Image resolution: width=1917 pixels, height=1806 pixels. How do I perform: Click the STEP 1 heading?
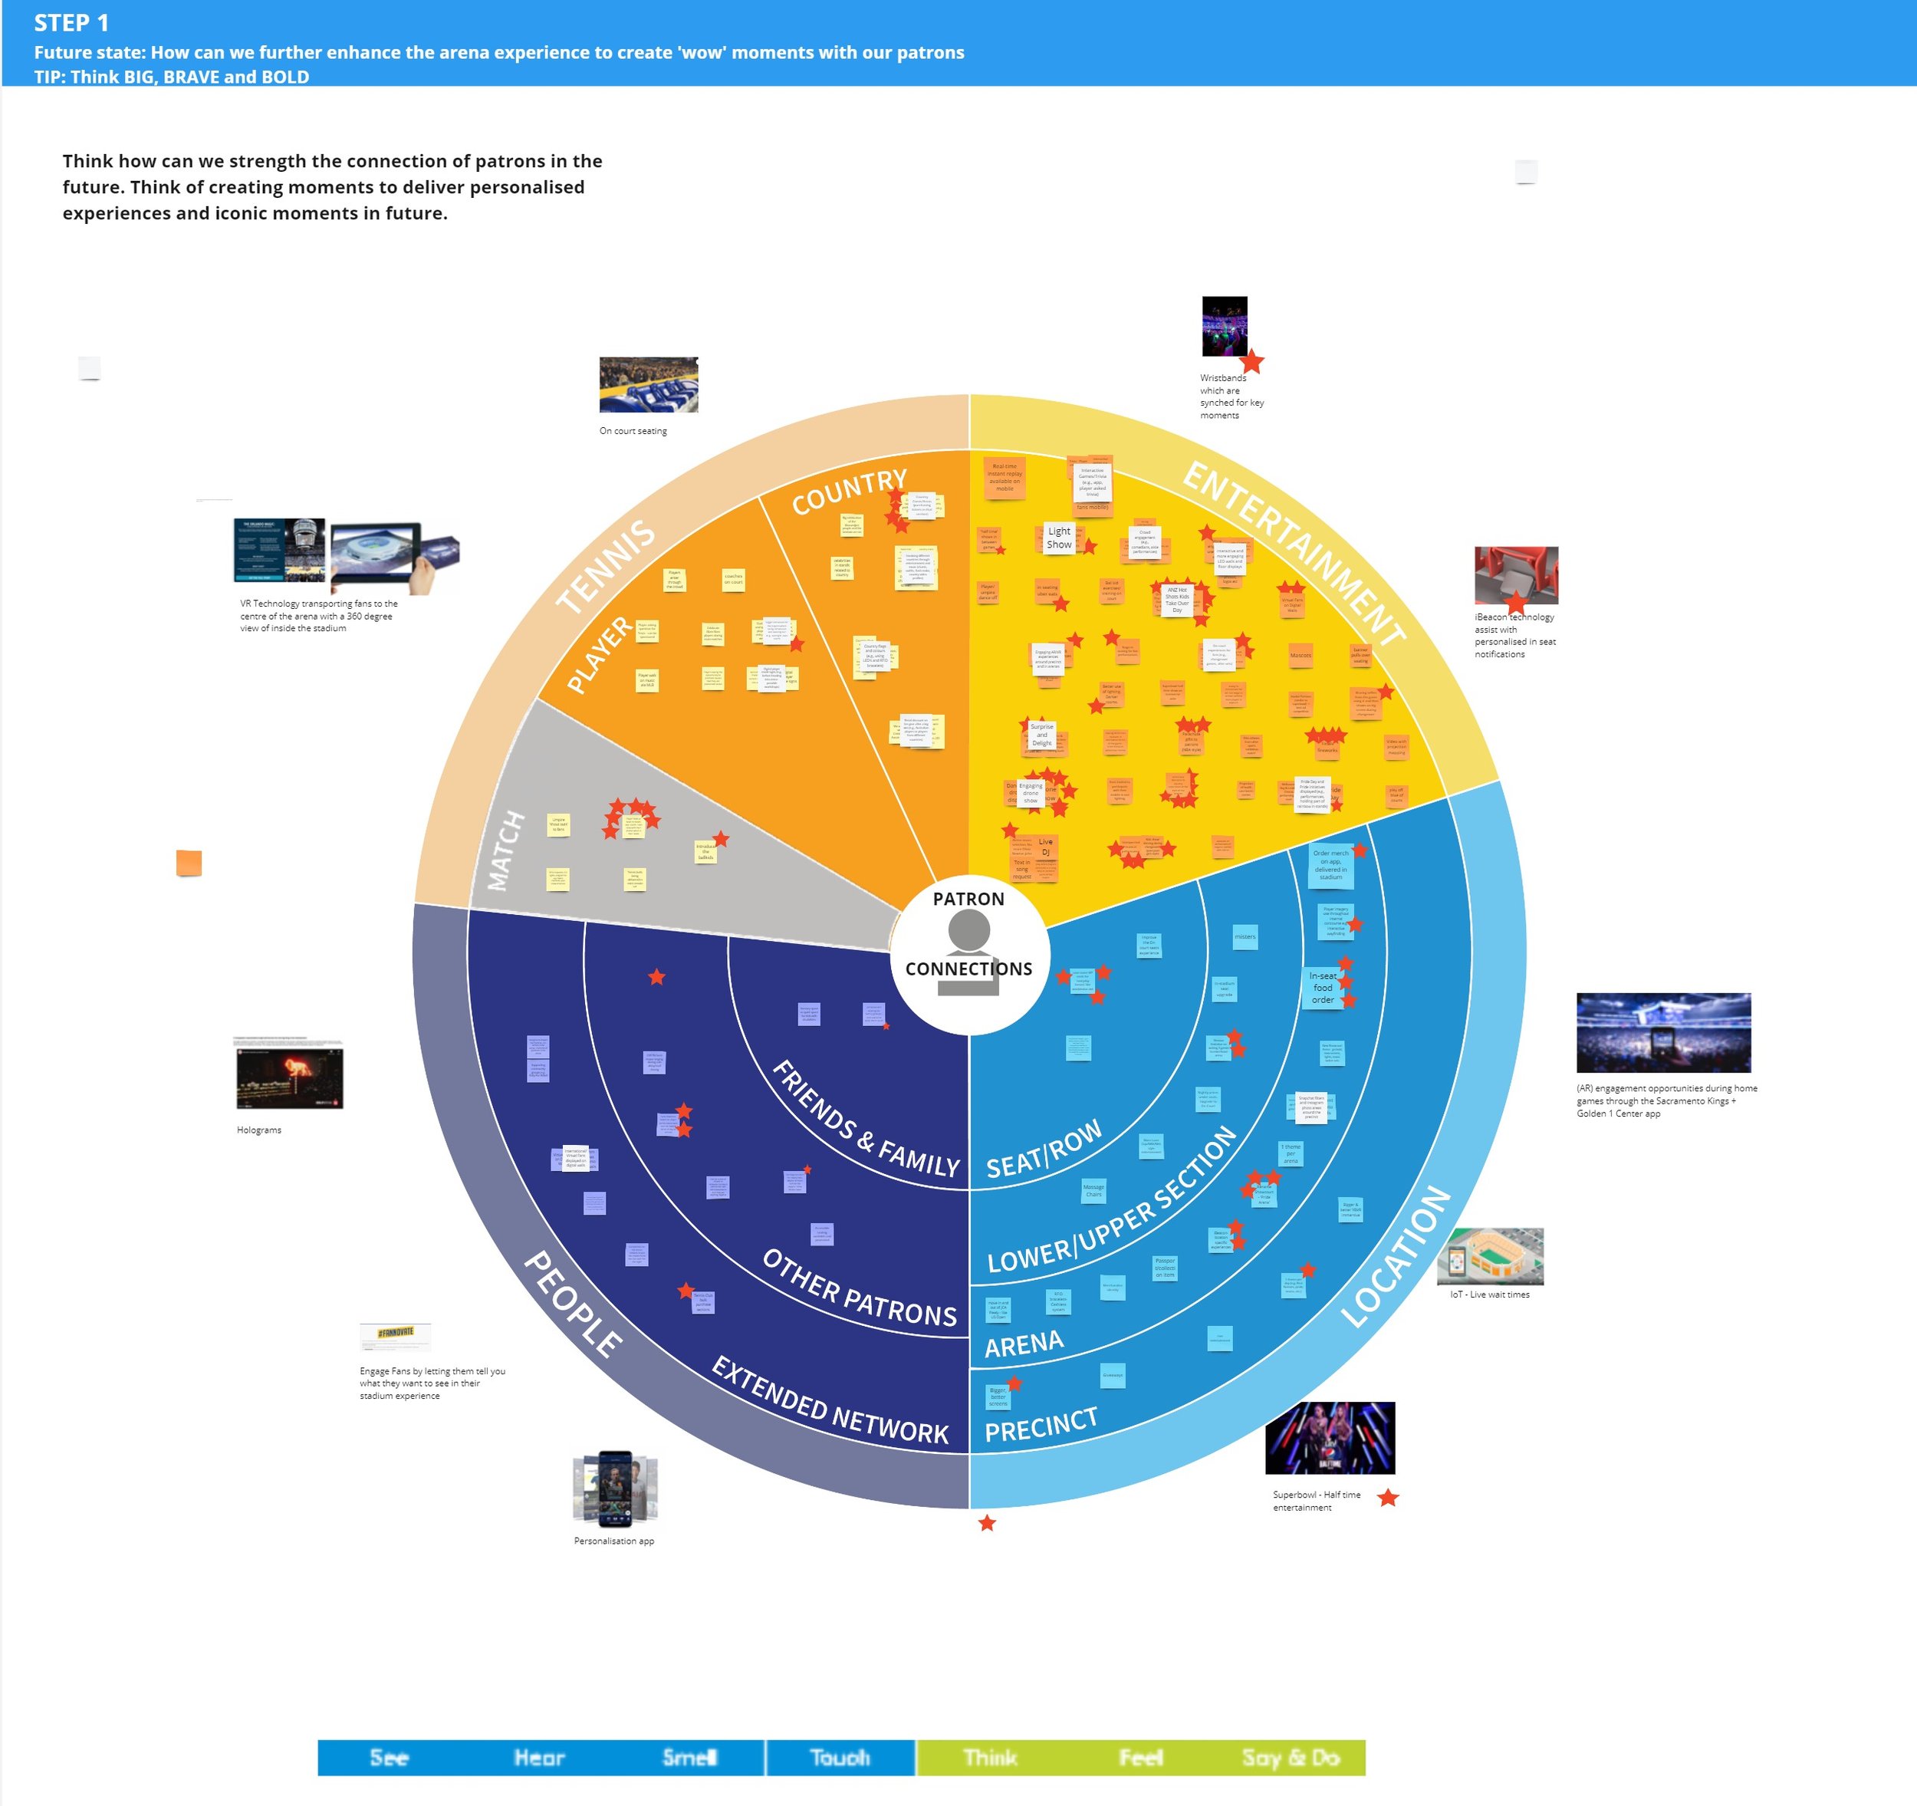[x=71, y=23]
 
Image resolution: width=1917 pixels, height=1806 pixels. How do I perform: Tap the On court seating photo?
[x=648, y=385]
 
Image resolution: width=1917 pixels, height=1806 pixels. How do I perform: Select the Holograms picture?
[x=289, y=1077]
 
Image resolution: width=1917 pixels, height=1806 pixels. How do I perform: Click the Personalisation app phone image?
[x=615, y=1489]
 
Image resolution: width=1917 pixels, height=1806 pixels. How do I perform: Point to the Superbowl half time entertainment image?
[x=1330, y=1438]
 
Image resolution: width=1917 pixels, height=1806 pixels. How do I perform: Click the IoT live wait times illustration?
[x=1490, y=1256]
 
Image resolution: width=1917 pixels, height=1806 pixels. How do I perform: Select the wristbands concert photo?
[x=1225, y=326]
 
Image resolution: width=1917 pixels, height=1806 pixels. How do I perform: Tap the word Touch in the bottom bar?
[x=840, y=1758]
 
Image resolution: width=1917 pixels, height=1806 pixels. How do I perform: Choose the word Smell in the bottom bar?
[x=689, y=1758]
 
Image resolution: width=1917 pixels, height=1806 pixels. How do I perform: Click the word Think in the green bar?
[x=990, y=1758]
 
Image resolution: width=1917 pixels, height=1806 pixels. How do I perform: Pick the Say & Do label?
[x=1291, y=1758]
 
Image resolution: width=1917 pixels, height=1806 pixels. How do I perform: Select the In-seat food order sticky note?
[x=1323, y=988]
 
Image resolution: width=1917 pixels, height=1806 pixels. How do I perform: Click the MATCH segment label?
[x=506, y=850]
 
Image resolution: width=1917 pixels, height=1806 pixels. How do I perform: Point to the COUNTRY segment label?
[x=849, y=492]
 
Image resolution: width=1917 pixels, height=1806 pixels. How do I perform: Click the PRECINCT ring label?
[x=1041, y=1425]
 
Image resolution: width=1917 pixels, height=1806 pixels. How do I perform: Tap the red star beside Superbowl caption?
[x=1388, y=1498]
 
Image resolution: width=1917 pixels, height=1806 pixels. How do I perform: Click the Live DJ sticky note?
[x=1045, y=847]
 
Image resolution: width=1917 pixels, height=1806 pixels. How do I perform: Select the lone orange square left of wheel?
[x=189, y=863]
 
